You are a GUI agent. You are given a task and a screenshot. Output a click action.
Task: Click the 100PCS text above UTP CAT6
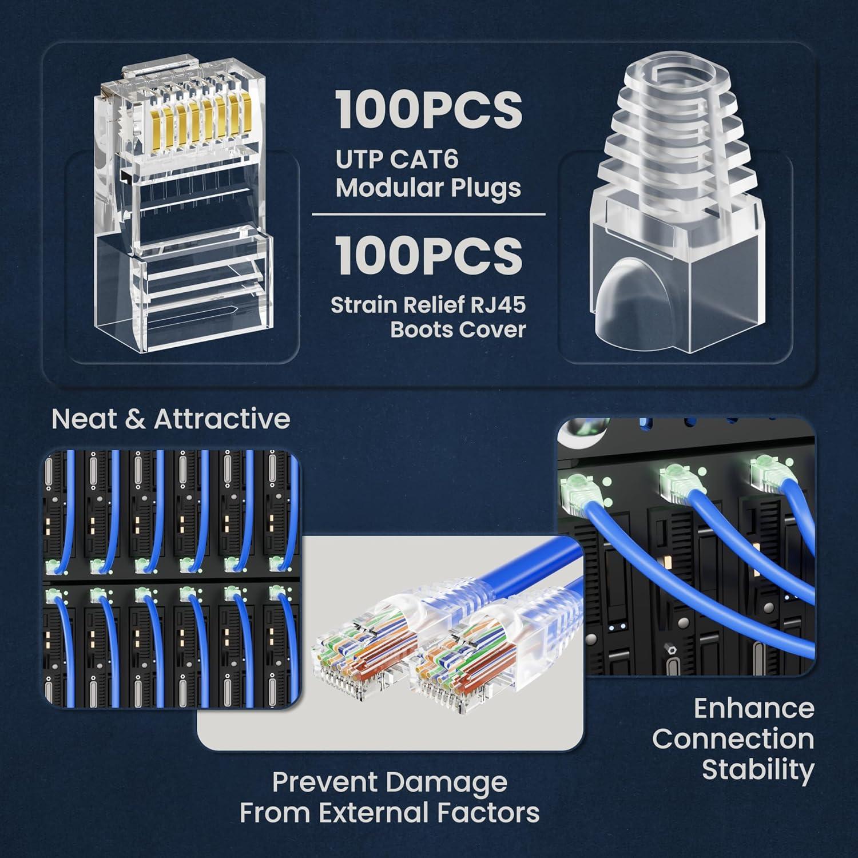(428, 110)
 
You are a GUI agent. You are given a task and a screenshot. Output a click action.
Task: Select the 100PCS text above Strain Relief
(428, 256)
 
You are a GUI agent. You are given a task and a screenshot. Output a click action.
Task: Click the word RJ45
(497, 305)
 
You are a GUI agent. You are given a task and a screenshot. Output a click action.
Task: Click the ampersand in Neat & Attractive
(134, 419)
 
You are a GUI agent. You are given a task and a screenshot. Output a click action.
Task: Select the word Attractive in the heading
(222, 419)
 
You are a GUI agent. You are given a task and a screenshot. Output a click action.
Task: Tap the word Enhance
(754, 709)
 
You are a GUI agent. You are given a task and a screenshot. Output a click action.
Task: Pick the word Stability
(758, 769)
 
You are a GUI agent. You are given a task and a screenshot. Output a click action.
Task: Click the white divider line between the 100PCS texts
(428, 214)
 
